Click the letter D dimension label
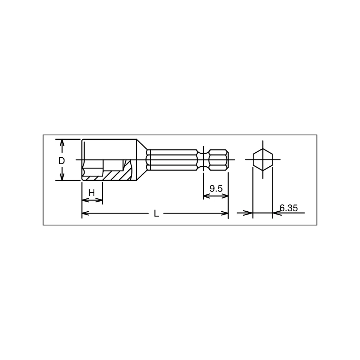click(61, 161)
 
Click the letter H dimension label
click(91, 193)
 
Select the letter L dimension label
click(156, 214)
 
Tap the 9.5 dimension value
click(216, 189)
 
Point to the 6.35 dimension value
click(289, 208)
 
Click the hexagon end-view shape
click(263, 160)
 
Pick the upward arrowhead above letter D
click(62, 143)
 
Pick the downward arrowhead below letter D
click(62, 177)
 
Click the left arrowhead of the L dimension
click(85, 213)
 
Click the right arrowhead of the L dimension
click(225, 213)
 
